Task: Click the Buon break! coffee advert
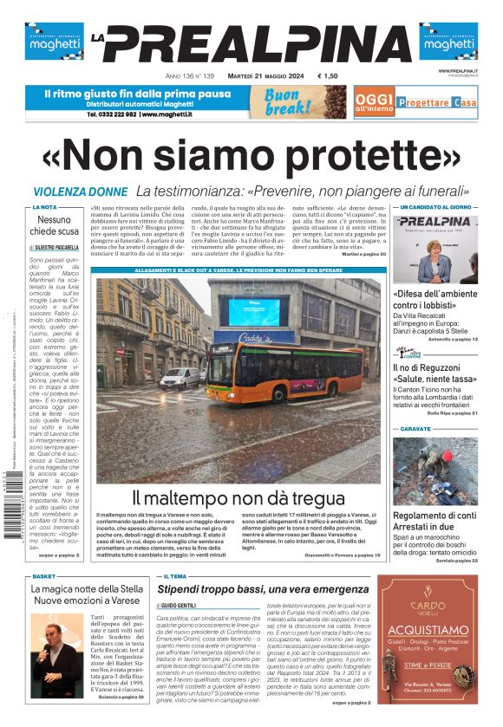point(289,101)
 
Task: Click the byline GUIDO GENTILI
point(180,603)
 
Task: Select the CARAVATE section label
point(415,429)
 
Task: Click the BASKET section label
point(43,575)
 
